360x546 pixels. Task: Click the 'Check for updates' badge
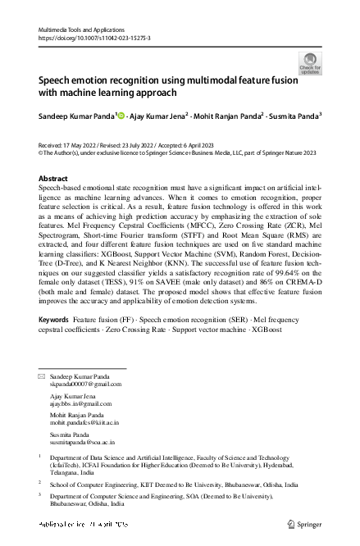(x=310, y=63)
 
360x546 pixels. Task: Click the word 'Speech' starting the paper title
(x=57, y=82)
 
